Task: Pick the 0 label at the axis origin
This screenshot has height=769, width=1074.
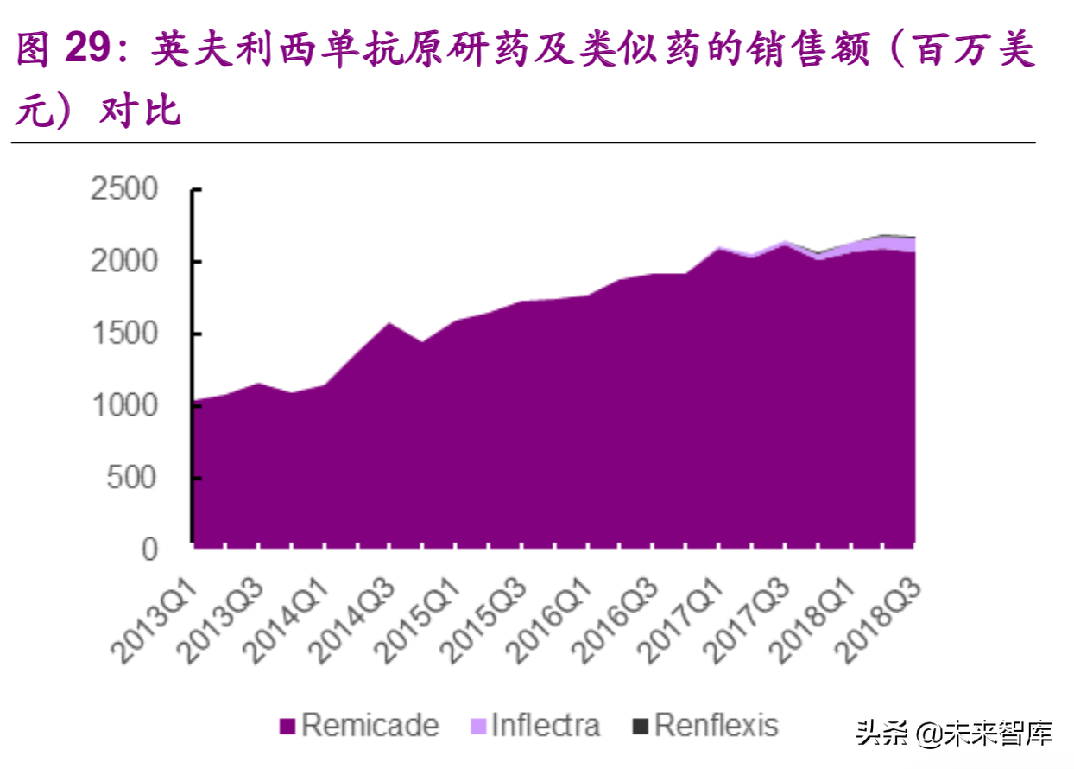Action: (150, 550)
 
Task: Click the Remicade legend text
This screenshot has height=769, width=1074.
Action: (370, 725)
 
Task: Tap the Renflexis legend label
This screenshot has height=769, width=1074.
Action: (717, 725)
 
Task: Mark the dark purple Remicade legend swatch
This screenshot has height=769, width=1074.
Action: (287, 727)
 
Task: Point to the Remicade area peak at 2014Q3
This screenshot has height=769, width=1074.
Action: (389, 324)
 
